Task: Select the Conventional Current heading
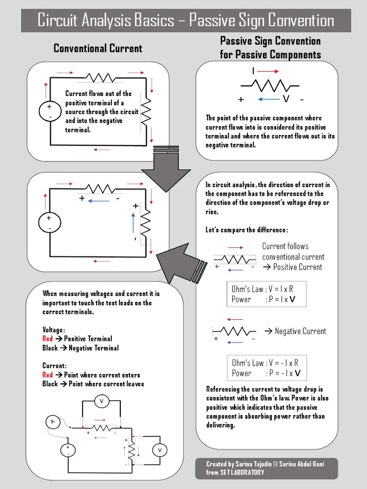tap(97, 48)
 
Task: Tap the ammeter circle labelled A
tap(53, 422)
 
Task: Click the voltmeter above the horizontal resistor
tap(101, 402)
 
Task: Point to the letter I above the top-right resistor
tap(253, 71)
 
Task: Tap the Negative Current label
tap(300, 331)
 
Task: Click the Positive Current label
tap(297, 267)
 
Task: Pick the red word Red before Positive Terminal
tap(47, 339)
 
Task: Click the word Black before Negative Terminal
tap(50, 348)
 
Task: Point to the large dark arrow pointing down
tap(166, 174)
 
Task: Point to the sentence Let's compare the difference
tap(247, 230)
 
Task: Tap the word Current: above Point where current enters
tap(55, 366)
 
